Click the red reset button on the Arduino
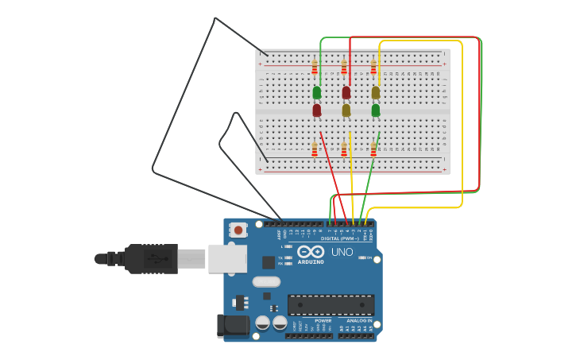click(x=238, y=230)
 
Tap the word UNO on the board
click(x=342, y=253)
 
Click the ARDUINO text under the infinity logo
click(x=311, y=261)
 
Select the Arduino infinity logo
click(x=311, y=252)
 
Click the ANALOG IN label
click(x=359, y=320)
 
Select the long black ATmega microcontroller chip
click(x=331, y=304)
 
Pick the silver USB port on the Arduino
click(x=227, y=259)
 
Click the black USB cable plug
click(x=151, y=259)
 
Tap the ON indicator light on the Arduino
click(x=363, y=257)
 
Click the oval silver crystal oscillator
click(x=267, y=281)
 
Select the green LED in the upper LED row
click(x=317, y=92)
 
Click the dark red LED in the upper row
click(x=346, y=92)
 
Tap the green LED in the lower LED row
click(x=376, y=110)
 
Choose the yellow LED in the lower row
click(x=346, y=110)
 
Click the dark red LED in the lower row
click(x=317, y=110)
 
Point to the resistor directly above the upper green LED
click(x=315, y=67)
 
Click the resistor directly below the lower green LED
click(x=373, y=149)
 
